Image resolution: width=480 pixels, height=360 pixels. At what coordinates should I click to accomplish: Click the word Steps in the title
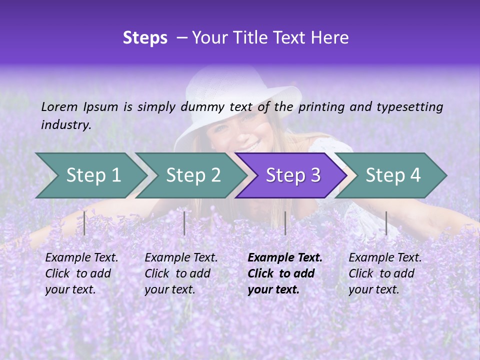145,38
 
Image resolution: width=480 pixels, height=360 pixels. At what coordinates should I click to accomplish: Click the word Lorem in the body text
58,106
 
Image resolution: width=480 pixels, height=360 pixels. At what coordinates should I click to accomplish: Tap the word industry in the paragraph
65,125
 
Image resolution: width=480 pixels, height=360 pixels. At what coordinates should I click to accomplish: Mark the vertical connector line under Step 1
84,223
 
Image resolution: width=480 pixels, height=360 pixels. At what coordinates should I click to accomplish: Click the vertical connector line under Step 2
184,223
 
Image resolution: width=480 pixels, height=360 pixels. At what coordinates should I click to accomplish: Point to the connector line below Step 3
285,223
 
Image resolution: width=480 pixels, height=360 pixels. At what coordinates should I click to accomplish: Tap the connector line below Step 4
386,223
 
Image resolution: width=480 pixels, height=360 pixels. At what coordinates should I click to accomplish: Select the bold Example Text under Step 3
285,258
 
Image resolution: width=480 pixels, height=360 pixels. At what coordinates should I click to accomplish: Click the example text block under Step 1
81,273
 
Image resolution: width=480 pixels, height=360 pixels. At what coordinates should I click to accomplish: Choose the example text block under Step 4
385,273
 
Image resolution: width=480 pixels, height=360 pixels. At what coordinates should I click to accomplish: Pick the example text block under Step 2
181,273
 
